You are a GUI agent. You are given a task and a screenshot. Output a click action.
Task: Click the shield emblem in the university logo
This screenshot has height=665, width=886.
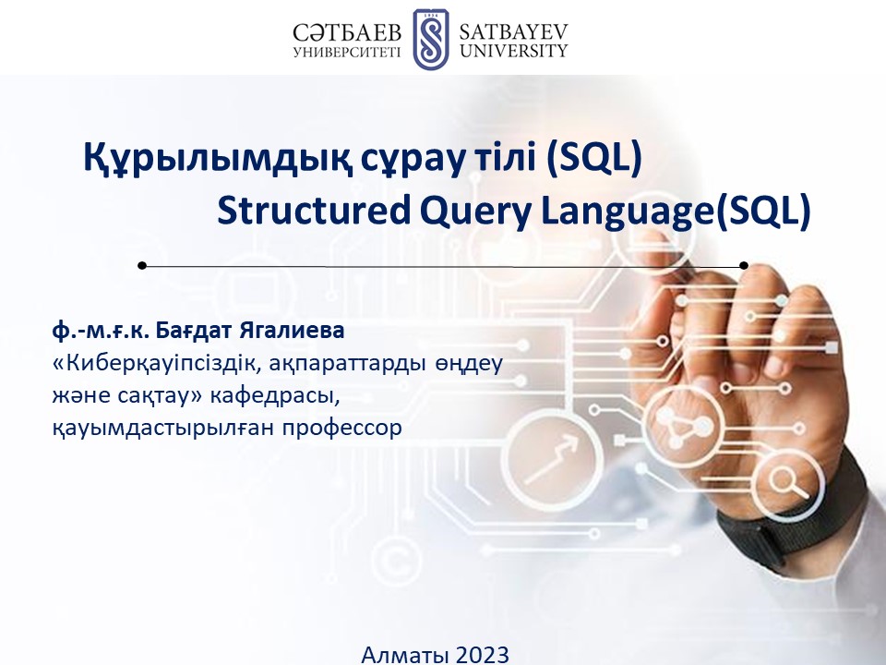(430, 39)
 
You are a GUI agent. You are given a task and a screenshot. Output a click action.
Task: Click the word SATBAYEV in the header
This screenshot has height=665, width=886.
(513, 31)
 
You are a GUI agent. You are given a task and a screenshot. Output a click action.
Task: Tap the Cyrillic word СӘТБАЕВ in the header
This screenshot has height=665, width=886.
(348, 33)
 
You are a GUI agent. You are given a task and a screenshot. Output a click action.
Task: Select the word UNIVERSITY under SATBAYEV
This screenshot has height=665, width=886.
(513, 51)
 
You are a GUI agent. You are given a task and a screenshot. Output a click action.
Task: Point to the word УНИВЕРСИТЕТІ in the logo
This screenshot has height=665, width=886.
(347, 52)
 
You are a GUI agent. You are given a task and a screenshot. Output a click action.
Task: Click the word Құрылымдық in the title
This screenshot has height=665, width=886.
(214, 158)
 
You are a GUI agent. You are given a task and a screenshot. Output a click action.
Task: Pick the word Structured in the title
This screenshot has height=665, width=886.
(314, 211)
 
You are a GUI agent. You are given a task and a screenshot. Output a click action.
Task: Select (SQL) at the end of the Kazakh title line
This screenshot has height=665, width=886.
(593, 158)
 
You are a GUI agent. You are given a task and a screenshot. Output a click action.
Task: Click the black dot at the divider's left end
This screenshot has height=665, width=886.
(142, 265)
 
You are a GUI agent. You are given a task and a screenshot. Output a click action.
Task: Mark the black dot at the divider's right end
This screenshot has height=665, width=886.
(744, 265)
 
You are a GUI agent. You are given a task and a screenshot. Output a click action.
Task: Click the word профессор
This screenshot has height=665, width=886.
(342, 428)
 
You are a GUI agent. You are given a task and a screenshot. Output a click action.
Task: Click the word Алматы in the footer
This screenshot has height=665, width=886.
(405, 655)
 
